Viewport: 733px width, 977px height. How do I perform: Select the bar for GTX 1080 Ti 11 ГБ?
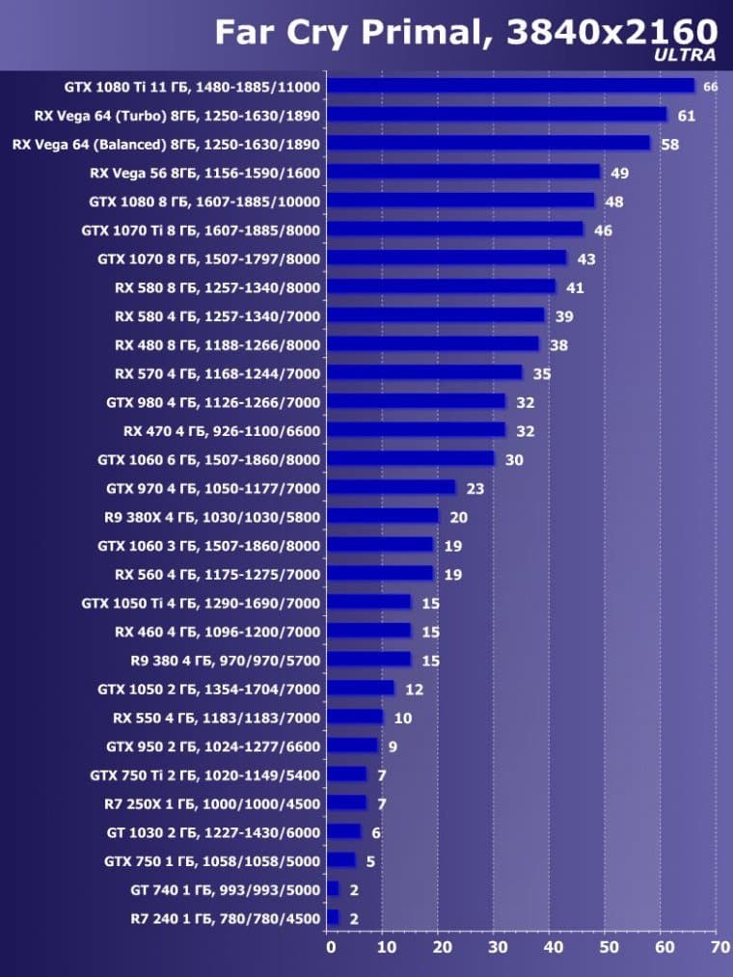click(510, 86)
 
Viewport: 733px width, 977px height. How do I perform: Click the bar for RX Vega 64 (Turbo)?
click(497, 115)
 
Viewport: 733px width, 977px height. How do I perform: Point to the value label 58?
click(668, 144)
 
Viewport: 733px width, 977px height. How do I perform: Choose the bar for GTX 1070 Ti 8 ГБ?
click(455, 230)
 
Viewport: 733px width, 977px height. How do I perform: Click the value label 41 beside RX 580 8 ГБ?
click(575, 287)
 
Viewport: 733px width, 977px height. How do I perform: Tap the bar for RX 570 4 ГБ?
click(424, 373)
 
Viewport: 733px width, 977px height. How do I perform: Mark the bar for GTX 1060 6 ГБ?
click(411, 459)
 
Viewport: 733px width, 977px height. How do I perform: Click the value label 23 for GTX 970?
click(475, 488)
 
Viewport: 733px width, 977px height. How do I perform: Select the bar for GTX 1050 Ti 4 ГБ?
click(369, 603)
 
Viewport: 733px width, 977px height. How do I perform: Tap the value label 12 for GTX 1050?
click(413, 689)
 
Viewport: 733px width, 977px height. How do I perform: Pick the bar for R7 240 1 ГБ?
click(333, 918)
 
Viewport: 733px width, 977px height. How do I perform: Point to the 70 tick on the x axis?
click(719, 949)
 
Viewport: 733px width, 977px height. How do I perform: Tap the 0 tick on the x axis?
click(331, 949)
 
